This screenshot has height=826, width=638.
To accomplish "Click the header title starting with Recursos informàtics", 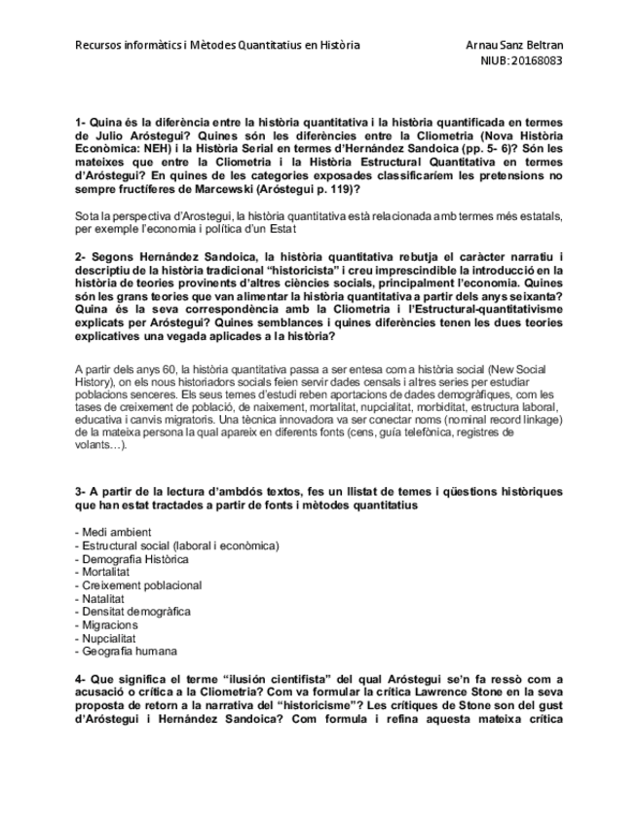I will coord(217,45).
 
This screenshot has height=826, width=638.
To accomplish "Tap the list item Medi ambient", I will coord(112,532).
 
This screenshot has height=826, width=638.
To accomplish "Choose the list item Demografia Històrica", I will coord(131,559).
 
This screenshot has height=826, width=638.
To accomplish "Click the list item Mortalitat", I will coord(106,572).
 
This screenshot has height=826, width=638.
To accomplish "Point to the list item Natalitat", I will coord(103,599).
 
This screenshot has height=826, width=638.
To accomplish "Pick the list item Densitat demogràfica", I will coord(131,612).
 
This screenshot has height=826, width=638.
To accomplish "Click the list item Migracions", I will coord(107,625).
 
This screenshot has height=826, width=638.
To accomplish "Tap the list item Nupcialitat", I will coord(107,638).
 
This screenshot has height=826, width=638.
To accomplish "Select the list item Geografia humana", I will coord(126,652).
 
